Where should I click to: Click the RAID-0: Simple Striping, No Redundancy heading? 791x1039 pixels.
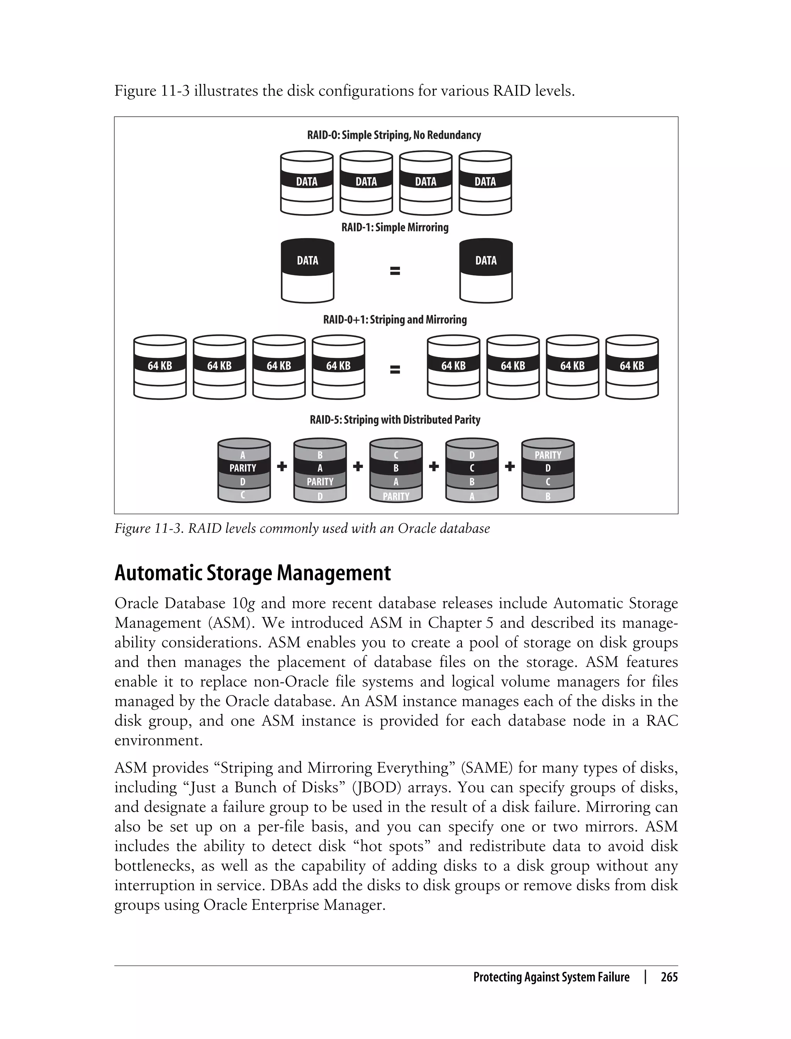(394, 135)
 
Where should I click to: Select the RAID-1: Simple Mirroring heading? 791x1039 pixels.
(395, 228)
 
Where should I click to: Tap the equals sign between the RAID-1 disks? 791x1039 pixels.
(395, 271)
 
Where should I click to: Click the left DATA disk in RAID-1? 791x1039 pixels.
(307, 271)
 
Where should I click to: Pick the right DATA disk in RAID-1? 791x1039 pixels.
(486, 271)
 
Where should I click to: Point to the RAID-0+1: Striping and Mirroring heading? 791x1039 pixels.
(395, 320)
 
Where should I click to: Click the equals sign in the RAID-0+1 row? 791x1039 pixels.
(395, 370)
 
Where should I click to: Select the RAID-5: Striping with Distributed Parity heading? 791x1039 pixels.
(395, 420)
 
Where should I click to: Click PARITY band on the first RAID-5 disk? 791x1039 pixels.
(243, 468)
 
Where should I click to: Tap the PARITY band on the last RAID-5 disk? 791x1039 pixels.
(548, 455)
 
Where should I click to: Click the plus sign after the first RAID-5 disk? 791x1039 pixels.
(282, 467)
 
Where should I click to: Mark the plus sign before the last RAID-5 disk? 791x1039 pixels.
(509, 467)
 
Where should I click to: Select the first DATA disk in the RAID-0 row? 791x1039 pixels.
(307, 183)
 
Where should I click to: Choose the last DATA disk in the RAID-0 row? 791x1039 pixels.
(485, 183)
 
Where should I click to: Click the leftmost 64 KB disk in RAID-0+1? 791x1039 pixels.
(160, 367)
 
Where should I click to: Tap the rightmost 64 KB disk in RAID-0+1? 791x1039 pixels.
(631, 367)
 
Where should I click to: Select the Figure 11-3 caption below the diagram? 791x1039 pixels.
(302, 529)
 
